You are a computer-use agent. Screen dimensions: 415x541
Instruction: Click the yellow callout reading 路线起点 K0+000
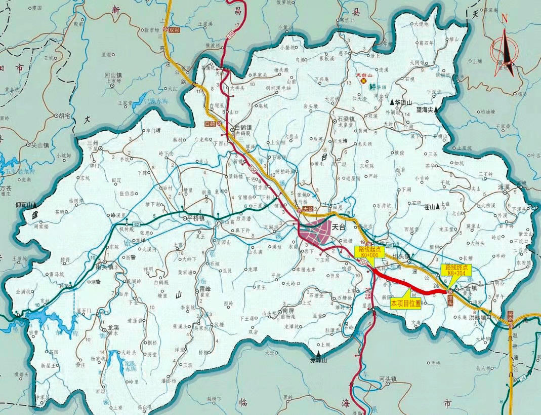[368, 252]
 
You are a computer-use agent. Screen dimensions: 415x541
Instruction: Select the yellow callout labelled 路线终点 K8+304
[456, 270]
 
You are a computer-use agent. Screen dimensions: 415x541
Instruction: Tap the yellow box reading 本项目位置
[406, 303]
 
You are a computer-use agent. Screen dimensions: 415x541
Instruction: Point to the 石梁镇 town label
[346, 119]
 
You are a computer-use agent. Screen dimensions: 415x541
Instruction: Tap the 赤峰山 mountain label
[319, 360]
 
